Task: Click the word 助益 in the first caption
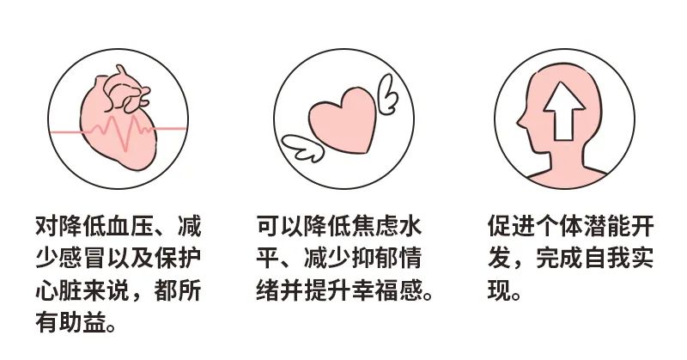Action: pos(87,325)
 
